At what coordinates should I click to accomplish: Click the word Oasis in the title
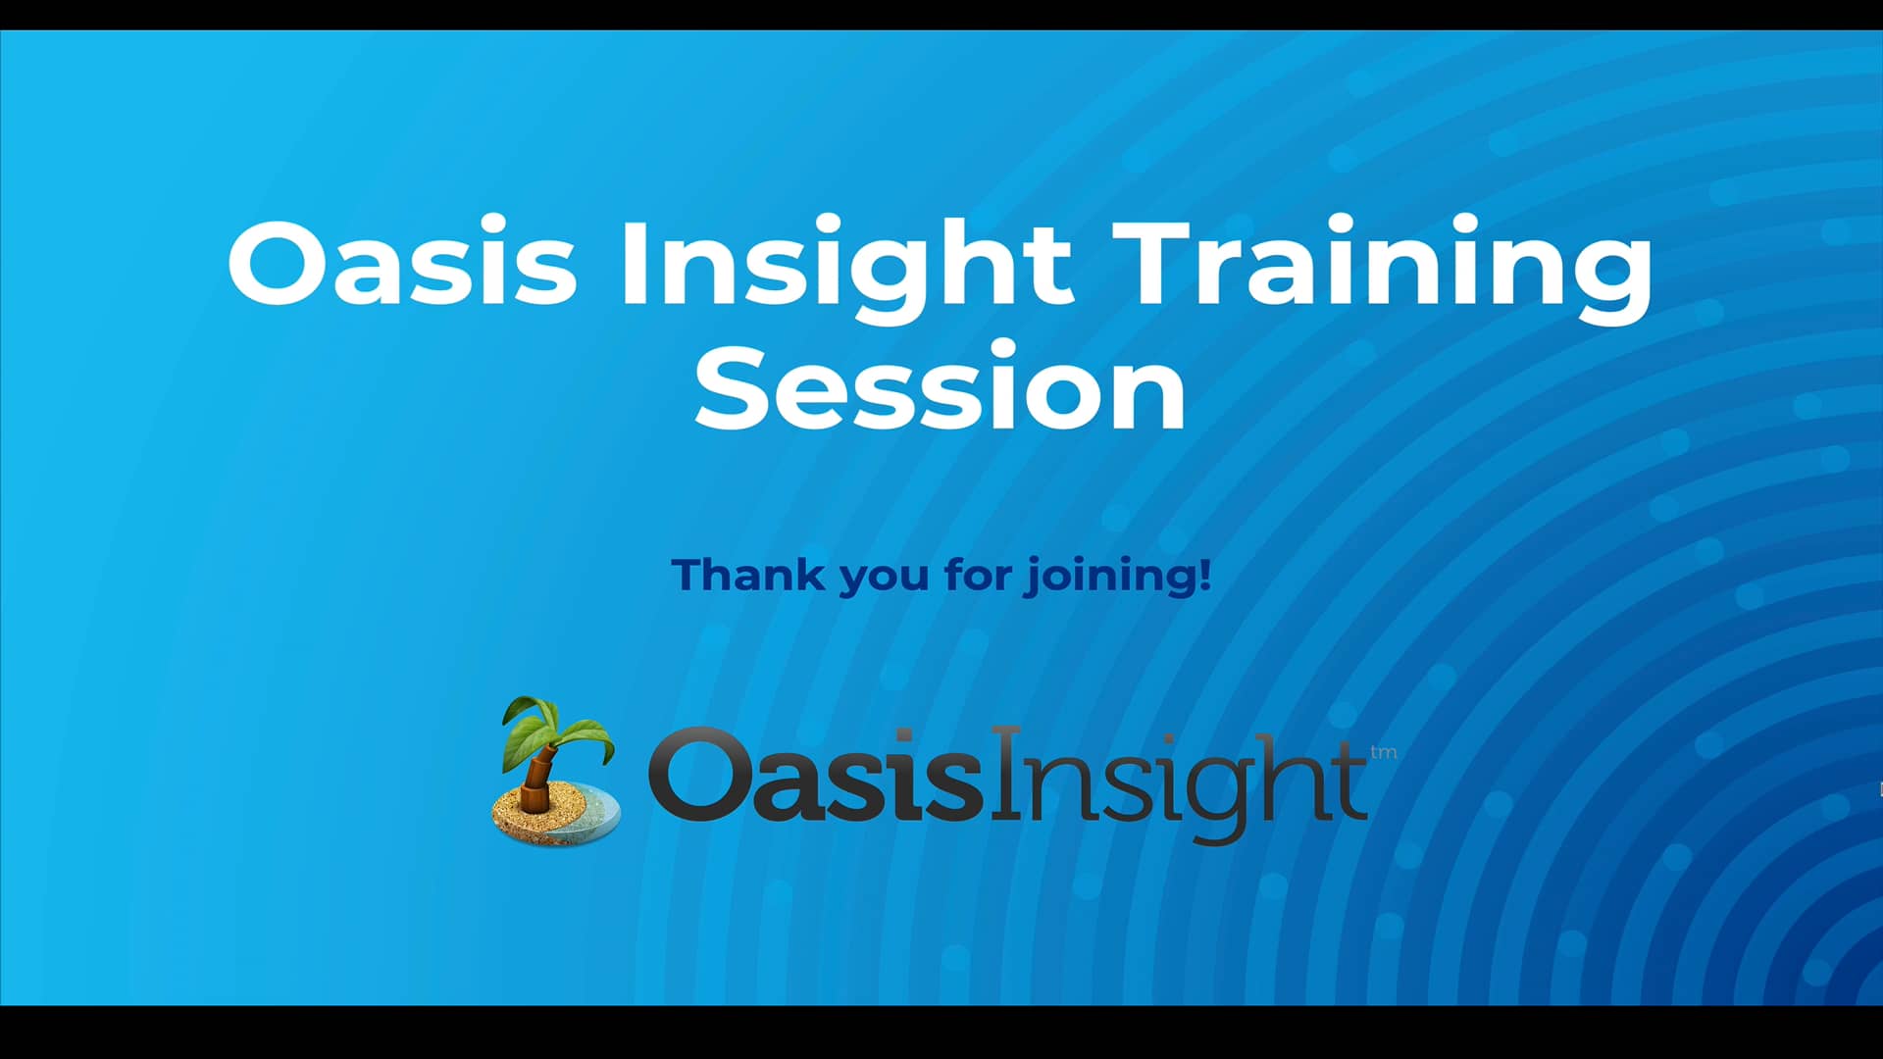402,261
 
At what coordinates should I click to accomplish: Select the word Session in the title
941,388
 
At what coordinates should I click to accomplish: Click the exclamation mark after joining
1205,574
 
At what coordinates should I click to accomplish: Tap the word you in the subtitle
883,579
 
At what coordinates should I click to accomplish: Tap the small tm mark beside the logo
1383,753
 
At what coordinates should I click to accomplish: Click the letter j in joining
1034,578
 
